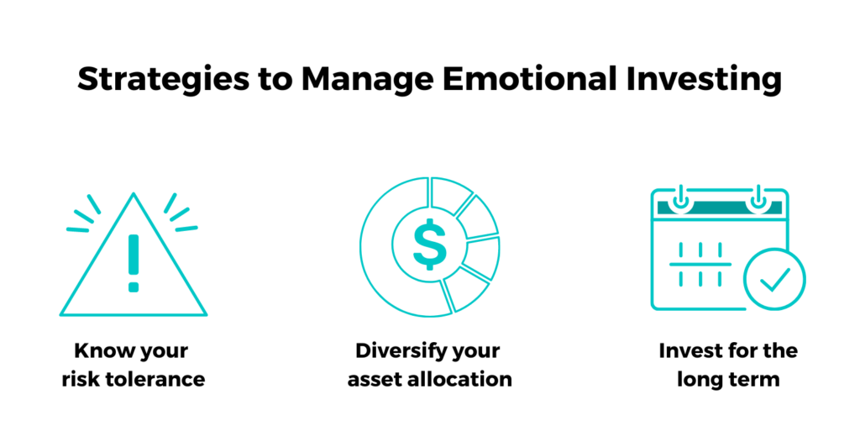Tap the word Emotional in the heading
tap(529, 78)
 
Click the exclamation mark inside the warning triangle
tap(134, 263)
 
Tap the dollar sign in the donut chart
tap(430, 244)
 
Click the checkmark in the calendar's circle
tap(774, 279)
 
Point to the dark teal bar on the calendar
tap(720, 208)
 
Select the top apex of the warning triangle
tap(134, 193)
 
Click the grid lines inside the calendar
tap(700, 265)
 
